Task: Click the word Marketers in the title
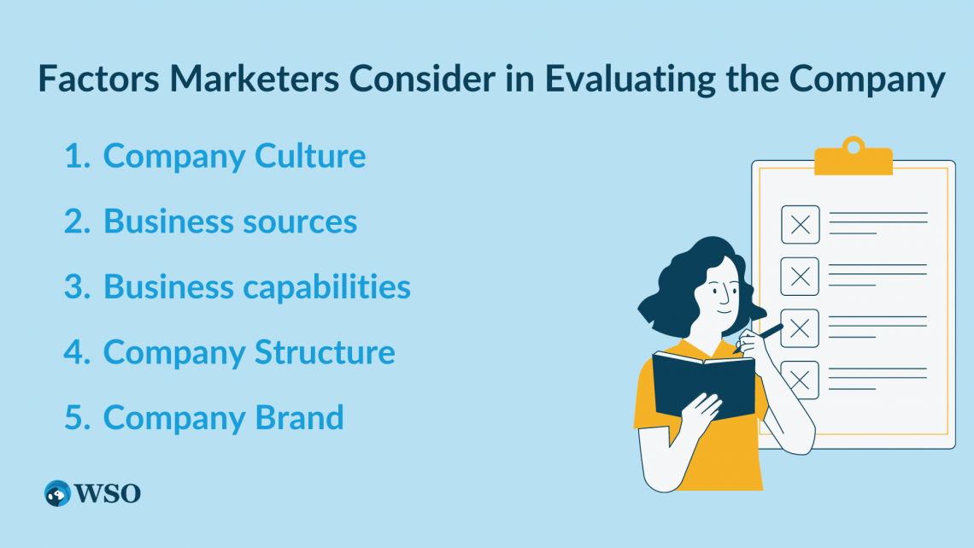click(254, 79)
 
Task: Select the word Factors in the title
click(99, 79)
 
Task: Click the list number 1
click(78, 156)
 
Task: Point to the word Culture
click(310, 156)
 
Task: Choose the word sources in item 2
click(300, 222)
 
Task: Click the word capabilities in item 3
click(326, 287)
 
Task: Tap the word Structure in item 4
click(325, 352)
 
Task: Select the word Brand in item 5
click(299, 417)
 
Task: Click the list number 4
click(78, 352)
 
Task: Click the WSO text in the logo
click(108, 494)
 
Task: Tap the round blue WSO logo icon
click(58, 493)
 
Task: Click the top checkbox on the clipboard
click(800, 224)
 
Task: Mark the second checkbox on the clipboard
click(800, 276)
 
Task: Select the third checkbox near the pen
click(800, 328)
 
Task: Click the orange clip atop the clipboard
click(854, 156)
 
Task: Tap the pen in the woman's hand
click(759, 338)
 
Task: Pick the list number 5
click(78, 417)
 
